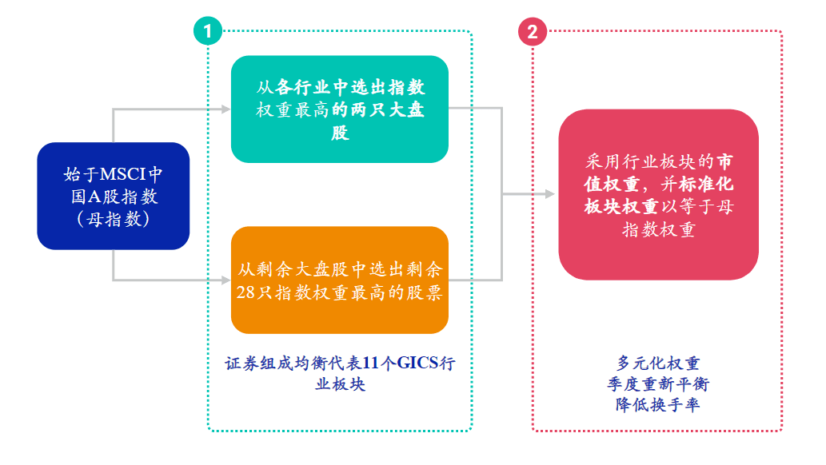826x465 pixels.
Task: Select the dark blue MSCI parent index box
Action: [x=113, y=196]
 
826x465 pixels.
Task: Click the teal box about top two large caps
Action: [x=339, y=109]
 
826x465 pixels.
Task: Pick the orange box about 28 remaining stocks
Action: [x=339, y=280]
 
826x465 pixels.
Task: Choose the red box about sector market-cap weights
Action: [x=658, y=194]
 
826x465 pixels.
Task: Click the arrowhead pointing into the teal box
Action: [x=225, y=109]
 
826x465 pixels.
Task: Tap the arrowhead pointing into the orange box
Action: [x=225, y=280]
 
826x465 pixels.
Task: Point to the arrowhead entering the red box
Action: [x=549, y=194]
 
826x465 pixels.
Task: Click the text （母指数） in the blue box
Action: [x=113, y=219]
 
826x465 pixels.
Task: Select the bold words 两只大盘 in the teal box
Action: [x=387, y=110]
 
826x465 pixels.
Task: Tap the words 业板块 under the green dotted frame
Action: [x=339, y=384]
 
